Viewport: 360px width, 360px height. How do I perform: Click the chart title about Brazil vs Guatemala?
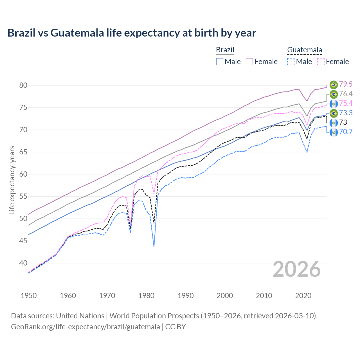pyautogui.click(x=132, y=33)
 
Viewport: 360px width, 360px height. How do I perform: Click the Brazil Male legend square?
pyautogui.click(x=220, y=62)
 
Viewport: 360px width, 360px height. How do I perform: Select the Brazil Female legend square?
pyautogui.click(x=249, y=62)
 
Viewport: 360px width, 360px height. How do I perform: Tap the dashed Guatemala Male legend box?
pyautogui.click(x=291, y=62)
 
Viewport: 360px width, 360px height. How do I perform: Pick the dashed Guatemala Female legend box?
pyautogui.click(x=321, y=62)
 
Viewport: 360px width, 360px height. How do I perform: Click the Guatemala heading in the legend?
pyautogui.click(x=305, y=50)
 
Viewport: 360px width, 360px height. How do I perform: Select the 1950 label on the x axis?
pyautogui.click(x=29, y=296)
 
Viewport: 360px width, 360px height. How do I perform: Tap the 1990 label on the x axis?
pyautogui.click(x=186, y=296)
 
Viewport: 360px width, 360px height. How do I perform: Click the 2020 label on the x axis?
pyautogui.click(x=303, y=296)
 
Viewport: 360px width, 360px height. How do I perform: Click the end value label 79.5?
pyautogui.click(x=346, y=84)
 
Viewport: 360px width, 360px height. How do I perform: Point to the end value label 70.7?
pyautogui.click(x=346, y=132)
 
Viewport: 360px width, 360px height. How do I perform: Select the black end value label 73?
pyautogui.click(x=343, y=122)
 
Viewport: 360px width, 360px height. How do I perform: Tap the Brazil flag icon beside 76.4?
pyautogui.click(x=334, y=94)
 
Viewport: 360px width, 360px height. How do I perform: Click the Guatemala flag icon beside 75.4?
pyautogui.click(x=334, y=103)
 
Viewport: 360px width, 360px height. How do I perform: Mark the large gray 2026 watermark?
pyautogui.click(x=297, y=269)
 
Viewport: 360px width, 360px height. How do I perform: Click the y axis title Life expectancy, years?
pyautogui.click(x=12, y=180)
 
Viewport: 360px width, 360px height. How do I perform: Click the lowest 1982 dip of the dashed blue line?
pyautogui.click(x=154, y=246)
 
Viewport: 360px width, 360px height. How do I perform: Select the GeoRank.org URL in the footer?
pyautogui.click(x=85, y=327)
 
